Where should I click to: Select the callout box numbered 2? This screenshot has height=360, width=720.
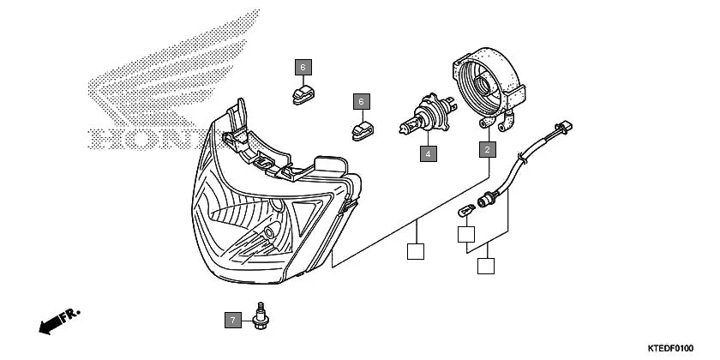(487, 150)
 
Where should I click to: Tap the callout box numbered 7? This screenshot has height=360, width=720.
(231, 321)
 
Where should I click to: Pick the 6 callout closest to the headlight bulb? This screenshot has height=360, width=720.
(362, 102)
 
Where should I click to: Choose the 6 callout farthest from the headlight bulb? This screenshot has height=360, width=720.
(303, 66)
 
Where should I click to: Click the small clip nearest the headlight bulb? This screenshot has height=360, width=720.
(362, 130)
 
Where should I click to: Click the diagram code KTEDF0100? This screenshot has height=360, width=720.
(669, 348)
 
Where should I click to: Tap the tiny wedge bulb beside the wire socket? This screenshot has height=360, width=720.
(466, 210)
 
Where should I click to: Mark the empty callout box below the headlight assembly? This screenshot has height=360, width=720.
(415, 252)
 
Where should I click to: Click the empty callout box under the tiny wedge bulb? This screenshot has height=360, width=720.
(466, 233)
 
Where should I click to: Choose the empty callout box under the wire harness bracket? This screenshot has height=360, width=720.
(486, 265)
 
